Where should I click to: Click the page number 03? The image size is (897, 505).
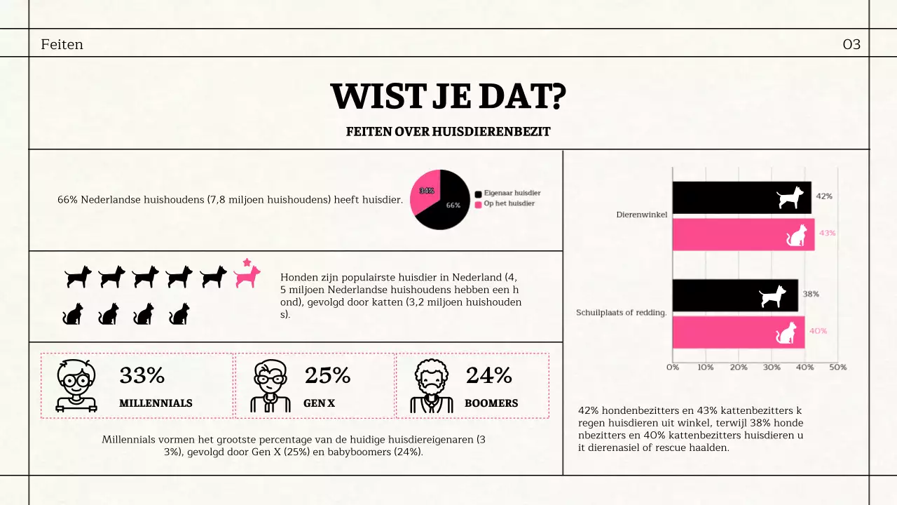point(851,45)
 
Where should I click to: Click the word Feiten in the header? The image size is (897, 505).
point(62,45)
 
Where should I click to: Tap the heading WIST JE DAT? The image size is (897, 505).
point(448,97)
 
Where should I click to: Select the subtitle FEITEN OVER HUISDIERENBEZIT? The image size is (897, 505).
point(448,132)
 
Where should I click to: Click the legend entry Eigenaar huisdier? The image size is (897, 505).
point(512,193)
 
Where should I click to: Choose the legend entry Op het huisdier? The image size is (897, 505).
point(509,203)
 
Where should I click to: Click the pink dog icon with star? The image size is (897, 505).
point(247,274)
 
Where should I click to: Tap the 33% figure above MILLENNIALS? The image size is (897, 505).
point(142,376)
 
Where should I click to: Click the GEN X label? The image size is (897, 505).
point(320,403)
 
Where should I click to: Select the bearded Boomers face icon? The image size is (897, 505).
point(430,385)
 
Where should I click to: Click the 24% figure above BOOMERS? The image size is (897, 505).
point(488,376)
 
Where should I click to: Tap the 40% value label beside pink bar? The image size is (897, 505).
point(819,331)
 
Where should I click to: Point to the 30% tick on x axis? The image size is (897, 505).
point(772,368)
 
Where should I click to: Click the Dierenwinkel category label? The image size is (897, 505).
point(641,215)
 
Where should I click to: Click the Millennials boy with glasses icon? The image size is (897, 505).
point(76,385)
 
